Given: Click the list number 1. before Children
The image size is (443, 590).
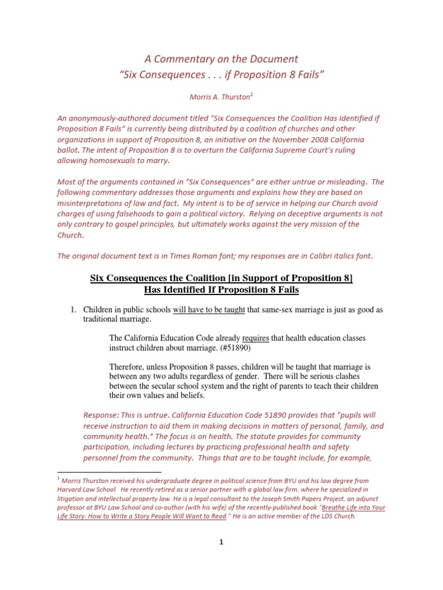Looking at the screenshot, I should tap(73, 309).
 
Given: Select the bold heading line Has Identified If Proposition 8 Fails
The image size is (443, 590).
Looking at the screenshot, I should tap(221, 289).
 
